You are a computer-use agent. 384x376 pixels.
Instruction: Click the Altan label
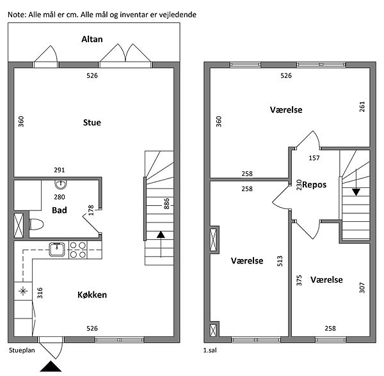(92, 39)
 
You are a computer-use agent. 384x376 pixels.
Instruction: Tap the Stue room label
(92, 122)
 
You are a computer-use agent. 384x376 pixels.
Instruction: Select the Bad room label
(60, 210)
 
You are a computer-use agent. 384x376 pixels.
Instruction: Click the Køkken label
(92, 295)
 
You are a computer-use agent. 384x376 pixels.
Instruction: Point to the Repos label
(314, 185)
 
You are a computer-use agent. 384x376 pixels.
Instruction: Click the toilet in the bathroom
(36, 224)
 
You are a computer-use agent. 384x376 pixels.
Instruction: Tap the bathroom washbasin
(60, 184)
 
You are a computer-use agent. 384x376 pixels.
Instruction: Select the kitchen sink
(57, 249)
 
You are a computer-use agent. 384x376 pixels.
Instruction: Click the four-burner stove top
(78, 250)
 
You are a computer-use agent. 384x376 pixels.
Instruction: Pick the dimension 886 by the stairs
(166, 203)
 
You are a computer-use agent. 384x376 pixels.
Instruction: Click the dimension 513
(280, 261)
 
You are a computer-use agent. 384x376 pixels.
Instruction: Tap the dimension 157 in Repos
(314, 158)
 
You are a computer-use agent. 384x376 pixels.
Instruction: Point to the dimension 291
(60, 169)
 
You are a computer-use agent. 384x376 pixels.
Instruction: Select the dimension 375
(299, 280)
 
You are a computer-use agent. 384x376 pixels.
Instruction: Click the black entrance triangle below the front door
(51, 366)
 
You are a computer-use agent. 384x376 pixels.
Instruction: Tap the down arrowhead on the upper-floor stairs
(356, 192)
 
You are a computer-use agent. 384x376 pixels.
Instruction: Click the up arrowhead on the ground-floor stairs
(161, 235)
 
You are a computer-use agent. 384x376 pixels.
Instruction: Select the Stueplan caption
(22, 350)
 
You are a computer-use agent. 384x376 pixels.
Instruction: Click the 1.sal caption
(210, 350)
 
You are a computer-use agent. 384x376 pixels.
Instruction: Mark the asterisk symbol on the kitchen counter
(23, 291)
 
